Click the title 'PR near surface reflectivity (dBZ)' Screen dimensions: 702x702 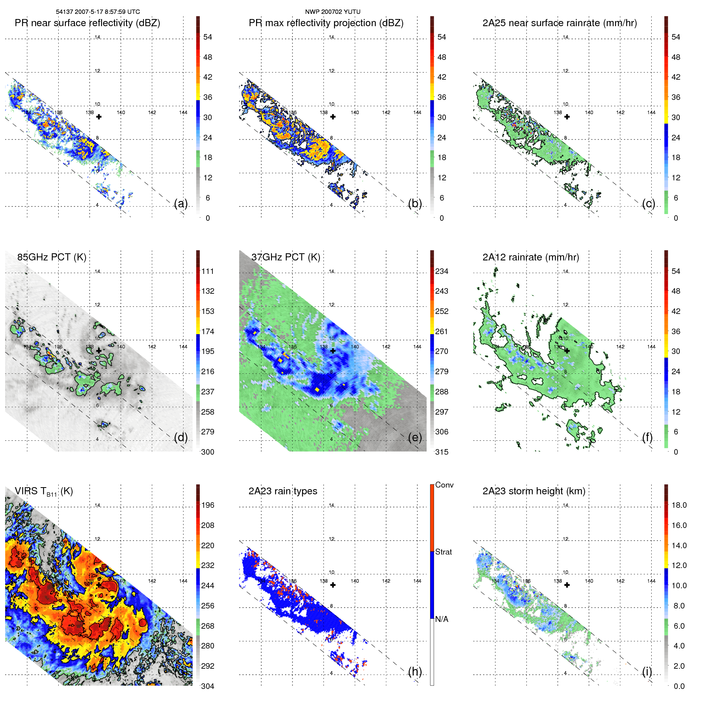point(87,23)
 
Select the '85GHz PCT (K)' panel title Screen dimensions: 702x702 point(52,257)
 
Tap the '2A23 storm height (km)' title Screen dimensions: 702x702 point(534,491)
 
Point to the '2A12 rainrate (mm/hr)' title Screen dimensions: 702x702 point(530,257)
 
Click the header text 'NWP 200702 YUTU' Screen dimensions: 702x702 point(333,12)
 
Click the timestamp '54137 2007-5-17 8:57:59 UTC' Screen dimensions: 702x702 point(98,12)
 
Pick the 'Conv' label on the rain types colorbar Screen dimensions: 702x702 point(444,485)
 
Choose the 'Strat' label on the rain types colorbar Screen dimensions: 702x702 point(443,552)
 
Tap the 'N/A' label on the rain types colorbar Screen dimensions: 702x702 point(442,619)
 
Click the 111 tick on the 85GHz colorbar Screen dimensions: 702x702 point(207,271)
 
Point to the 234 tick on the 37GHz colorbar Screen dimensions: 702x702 point(442,271)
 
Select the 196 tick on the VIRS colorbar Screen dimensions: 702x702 point(207,505)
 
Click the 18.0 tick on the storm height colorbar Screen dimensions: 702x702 point(679,505)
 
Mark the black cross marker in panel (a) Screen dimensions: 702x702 point(99,117)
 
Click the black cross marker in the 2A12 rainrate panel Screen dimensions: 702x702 point(567,351)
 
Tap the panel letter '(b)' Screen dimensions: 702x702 point(415,203)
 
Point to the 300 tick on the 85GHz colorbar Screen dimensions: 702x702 point(207,452)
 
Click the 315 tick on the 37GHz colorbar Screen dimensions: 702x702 point(442,452)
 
